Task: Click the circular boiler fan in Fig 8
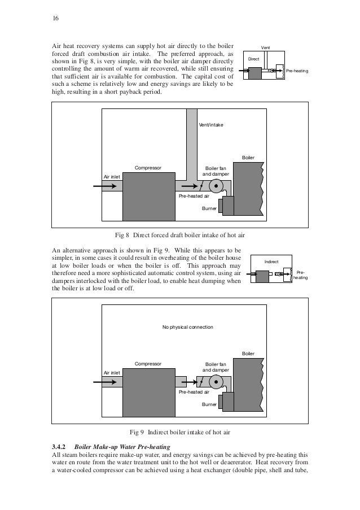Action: coord(216,186)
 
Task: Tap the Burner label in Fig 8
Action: coord(209,208)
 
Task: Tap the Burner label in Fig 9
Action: coord(209,404)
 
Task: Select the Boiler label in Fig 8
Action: coord(248,156)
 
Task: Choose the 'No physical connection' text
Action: coord(187,327)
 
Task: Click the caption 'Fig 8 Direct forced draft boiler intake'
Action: coord(179,234)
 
